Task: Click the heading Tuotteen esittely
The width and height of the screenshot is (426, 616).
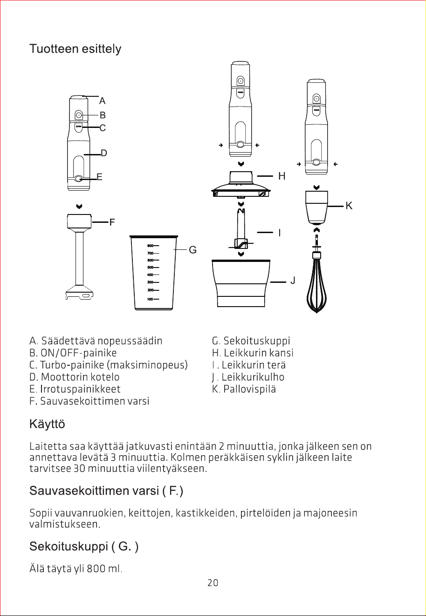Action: [75, 49]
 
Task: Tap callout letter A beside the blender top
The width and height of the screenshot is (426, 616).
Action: [102, 101]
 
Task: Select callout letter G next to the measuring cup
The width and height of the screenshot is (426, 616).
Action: [192, 250]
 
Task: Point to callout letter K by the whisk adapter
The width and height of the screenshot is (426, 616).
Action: [349, 206]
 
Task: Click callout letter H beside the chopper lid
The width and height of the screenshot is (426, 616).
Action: [282, 176]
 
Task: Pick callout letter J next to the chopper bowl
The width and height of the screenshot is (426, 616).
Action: [293, 280]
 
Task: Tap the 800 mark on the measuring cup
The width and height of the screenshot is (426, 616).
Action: [150, 246]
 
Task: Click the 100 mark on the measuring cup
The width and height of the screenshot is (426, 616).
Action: [150, 299]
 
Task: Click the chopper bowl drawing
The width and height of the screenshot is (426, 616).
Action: [241, 283]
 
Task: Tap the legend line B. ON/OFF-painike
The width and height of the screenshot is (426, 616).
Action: [73, 353]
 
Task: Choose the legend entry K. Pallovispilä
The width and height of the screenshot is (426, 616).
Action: [244, 389]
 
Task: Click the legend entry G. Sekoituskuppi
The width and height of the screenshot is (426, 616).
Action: [251, 341]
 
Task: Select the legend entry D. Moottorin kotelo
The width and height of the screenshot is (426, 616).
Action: [75, 377]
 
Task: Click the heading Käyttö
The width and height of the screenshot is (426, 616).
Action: [47, 424]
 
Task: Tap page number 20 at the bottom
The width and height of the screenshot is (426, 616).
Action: [213, 583]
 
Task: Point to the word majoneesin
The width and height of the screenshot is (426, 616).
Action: [330, 513]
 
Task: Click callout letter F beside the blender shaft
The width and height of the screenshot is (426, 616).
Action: [112, 222]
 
